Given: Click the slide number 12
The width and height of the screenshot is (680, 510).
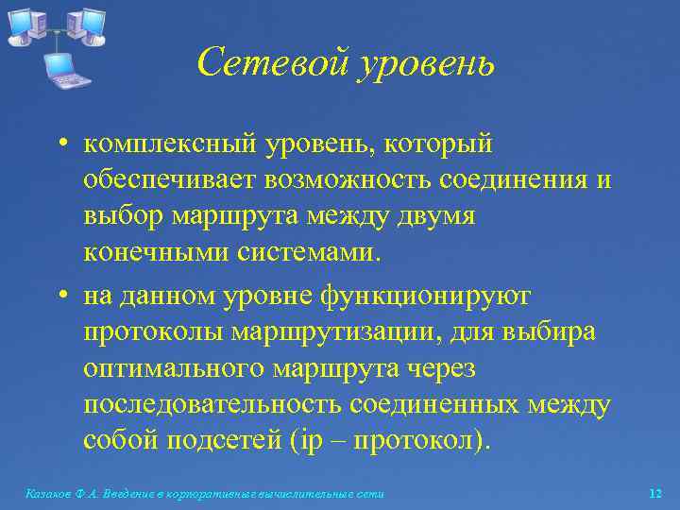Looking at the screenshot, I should tap(655, 493).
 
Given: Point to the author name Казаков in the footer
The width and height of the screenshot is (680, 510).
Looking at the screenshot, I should tap(47, 493).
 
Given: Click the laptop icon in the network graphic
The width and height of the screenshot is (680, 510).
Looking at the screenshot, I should tap(66, 68).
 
